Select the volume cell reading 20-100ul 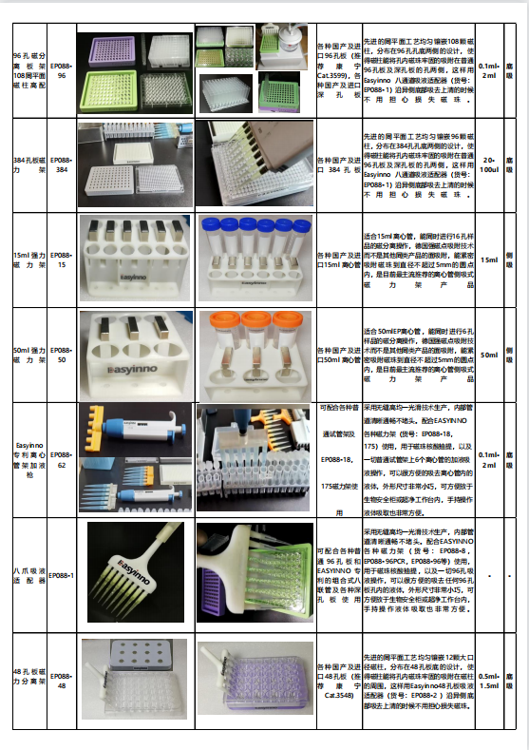click(489, 163)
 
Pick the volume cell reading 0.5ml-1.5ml click(489, 680)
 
